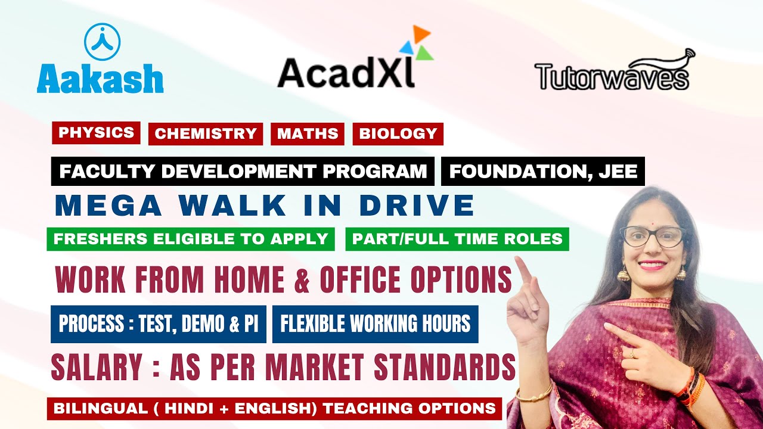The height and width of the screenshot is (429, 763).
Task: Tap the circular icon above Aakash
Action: tap(102, 41)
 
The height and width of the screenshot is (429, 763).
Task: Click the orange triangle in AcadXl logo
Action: tap(422, 34)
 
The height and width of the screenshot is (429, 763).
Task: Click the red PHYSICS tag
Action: tap(97, 133)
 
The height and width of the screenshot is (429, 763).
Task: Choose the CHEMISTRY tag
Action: tap(206, 134)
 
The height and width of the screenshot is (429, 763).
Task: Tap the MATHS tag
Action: tap(308, 134)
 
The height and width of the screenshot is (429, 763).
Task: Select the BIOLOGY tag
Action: tap(398, 134)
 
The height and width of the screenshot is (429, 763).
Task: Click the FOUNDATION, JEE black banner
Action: tap(543, 172)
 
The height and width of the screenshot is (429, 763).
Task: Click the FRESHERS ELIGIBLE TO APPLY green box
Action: tap(191, 239)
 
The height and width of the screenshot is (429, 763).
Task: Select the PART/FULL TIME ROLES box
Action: tap(457, 239)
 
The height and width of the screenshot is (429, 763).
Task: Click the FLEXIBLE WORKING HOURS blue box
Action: tap(375, 324)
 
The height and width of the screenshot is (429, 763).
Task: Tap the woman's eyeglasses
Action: tap(652, 236)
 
